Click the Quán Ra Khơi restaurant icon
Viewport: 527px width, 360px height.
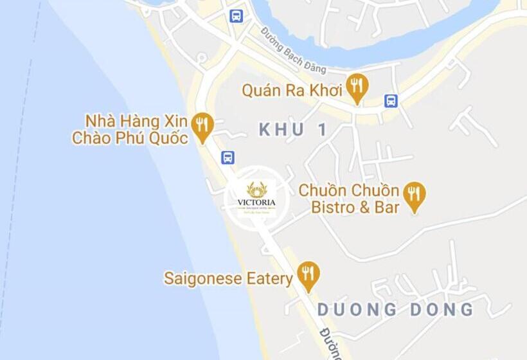[x=356, y=87]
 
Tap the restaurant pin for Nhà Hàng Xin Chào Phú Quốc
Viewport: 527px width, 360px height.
[x=203, y=126]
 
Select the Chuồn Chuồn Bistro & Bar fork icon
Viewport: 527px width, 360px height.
[x=415, y=196]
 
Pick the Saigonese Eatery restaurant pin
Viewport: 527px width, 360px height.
[x=309, y=275]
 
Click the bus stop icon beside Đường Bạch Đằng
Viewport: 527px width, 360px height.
[x=237, y=15]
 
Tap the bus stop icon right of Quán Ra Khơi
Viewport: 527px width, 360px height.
[x=391, y=100]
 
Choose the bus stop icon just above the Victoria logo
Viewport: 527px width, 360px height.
[x=228, y=157]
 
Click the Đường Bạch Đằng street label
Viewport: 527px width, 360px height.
[x=293, y=50]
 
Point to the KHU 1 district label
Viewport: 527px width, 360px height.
[x=293, y=130]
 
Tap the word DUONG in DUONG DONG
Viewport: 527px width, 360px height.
[x=358, y=310]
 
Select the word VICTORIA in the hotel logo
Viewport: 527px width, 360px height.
[x=256, y=203]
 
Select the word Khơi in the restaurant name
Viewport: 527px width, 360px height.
[x=324, y=91]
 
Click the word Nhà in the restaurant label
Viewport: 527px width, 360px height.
[x=98, y=121]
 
